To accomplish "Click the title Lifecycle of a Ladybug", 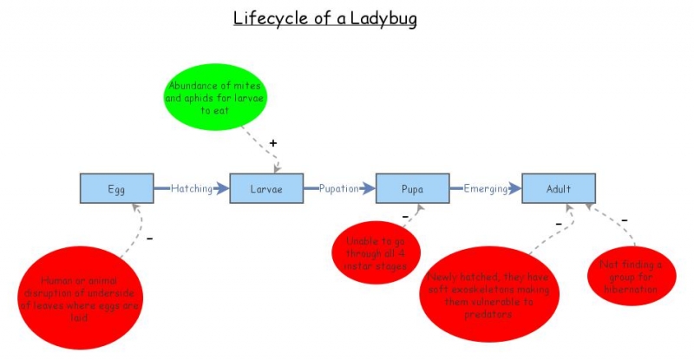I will (x=324, y=18).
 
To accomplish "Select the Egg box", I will (x=117, y=188).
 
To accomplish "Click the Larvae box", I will (x=266, y=188).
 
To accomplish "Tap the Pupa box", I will (x=412, y=188).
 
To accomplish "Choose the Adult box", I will (x=559, y=188).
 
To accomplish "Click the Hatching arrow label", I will (x=191, y=188).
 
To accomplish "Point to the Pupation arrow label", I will (x=339, y=188).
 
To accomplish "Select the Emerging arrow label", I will (x=485, y=188).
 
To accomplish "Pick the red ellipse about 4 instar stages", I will (x=376, y=248).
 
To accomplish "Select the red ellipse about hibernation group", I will (x=631, y=277).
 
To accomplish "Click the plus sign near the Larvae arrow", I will (x=272, y=142).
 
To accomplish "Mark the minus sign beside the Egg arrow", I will (x=149, y=237).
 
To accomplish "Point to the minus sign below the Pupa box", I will (x=404, y=216).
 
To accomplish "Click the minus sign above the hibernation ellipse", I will (x=624, y=220).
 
